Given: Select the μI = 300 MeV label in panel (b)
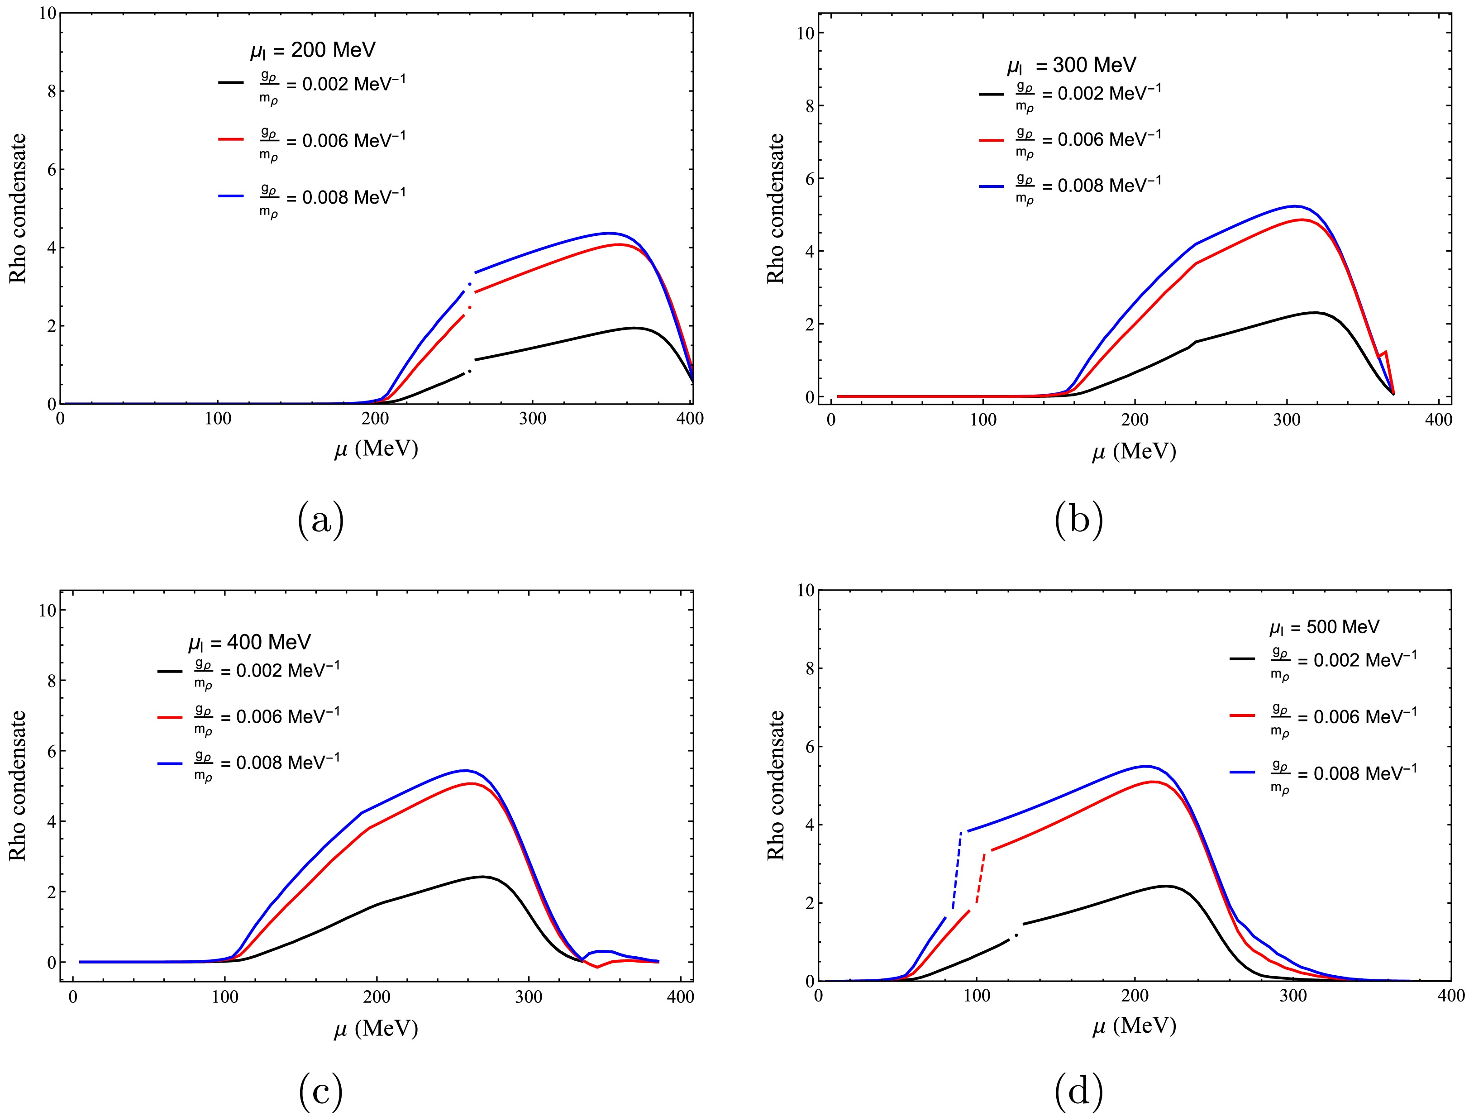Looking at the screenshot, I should click(1071, 65).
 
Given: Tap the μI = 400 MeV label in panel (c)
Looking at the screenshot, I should click(249, 642).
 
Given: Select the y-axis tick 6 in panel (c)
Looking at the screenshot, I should click(48, 751).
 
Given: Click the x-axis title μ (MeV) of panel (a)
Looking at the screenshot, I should click(376, 450).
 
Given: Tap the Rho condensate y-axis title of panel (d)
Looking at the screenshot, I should click(776, 785).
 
